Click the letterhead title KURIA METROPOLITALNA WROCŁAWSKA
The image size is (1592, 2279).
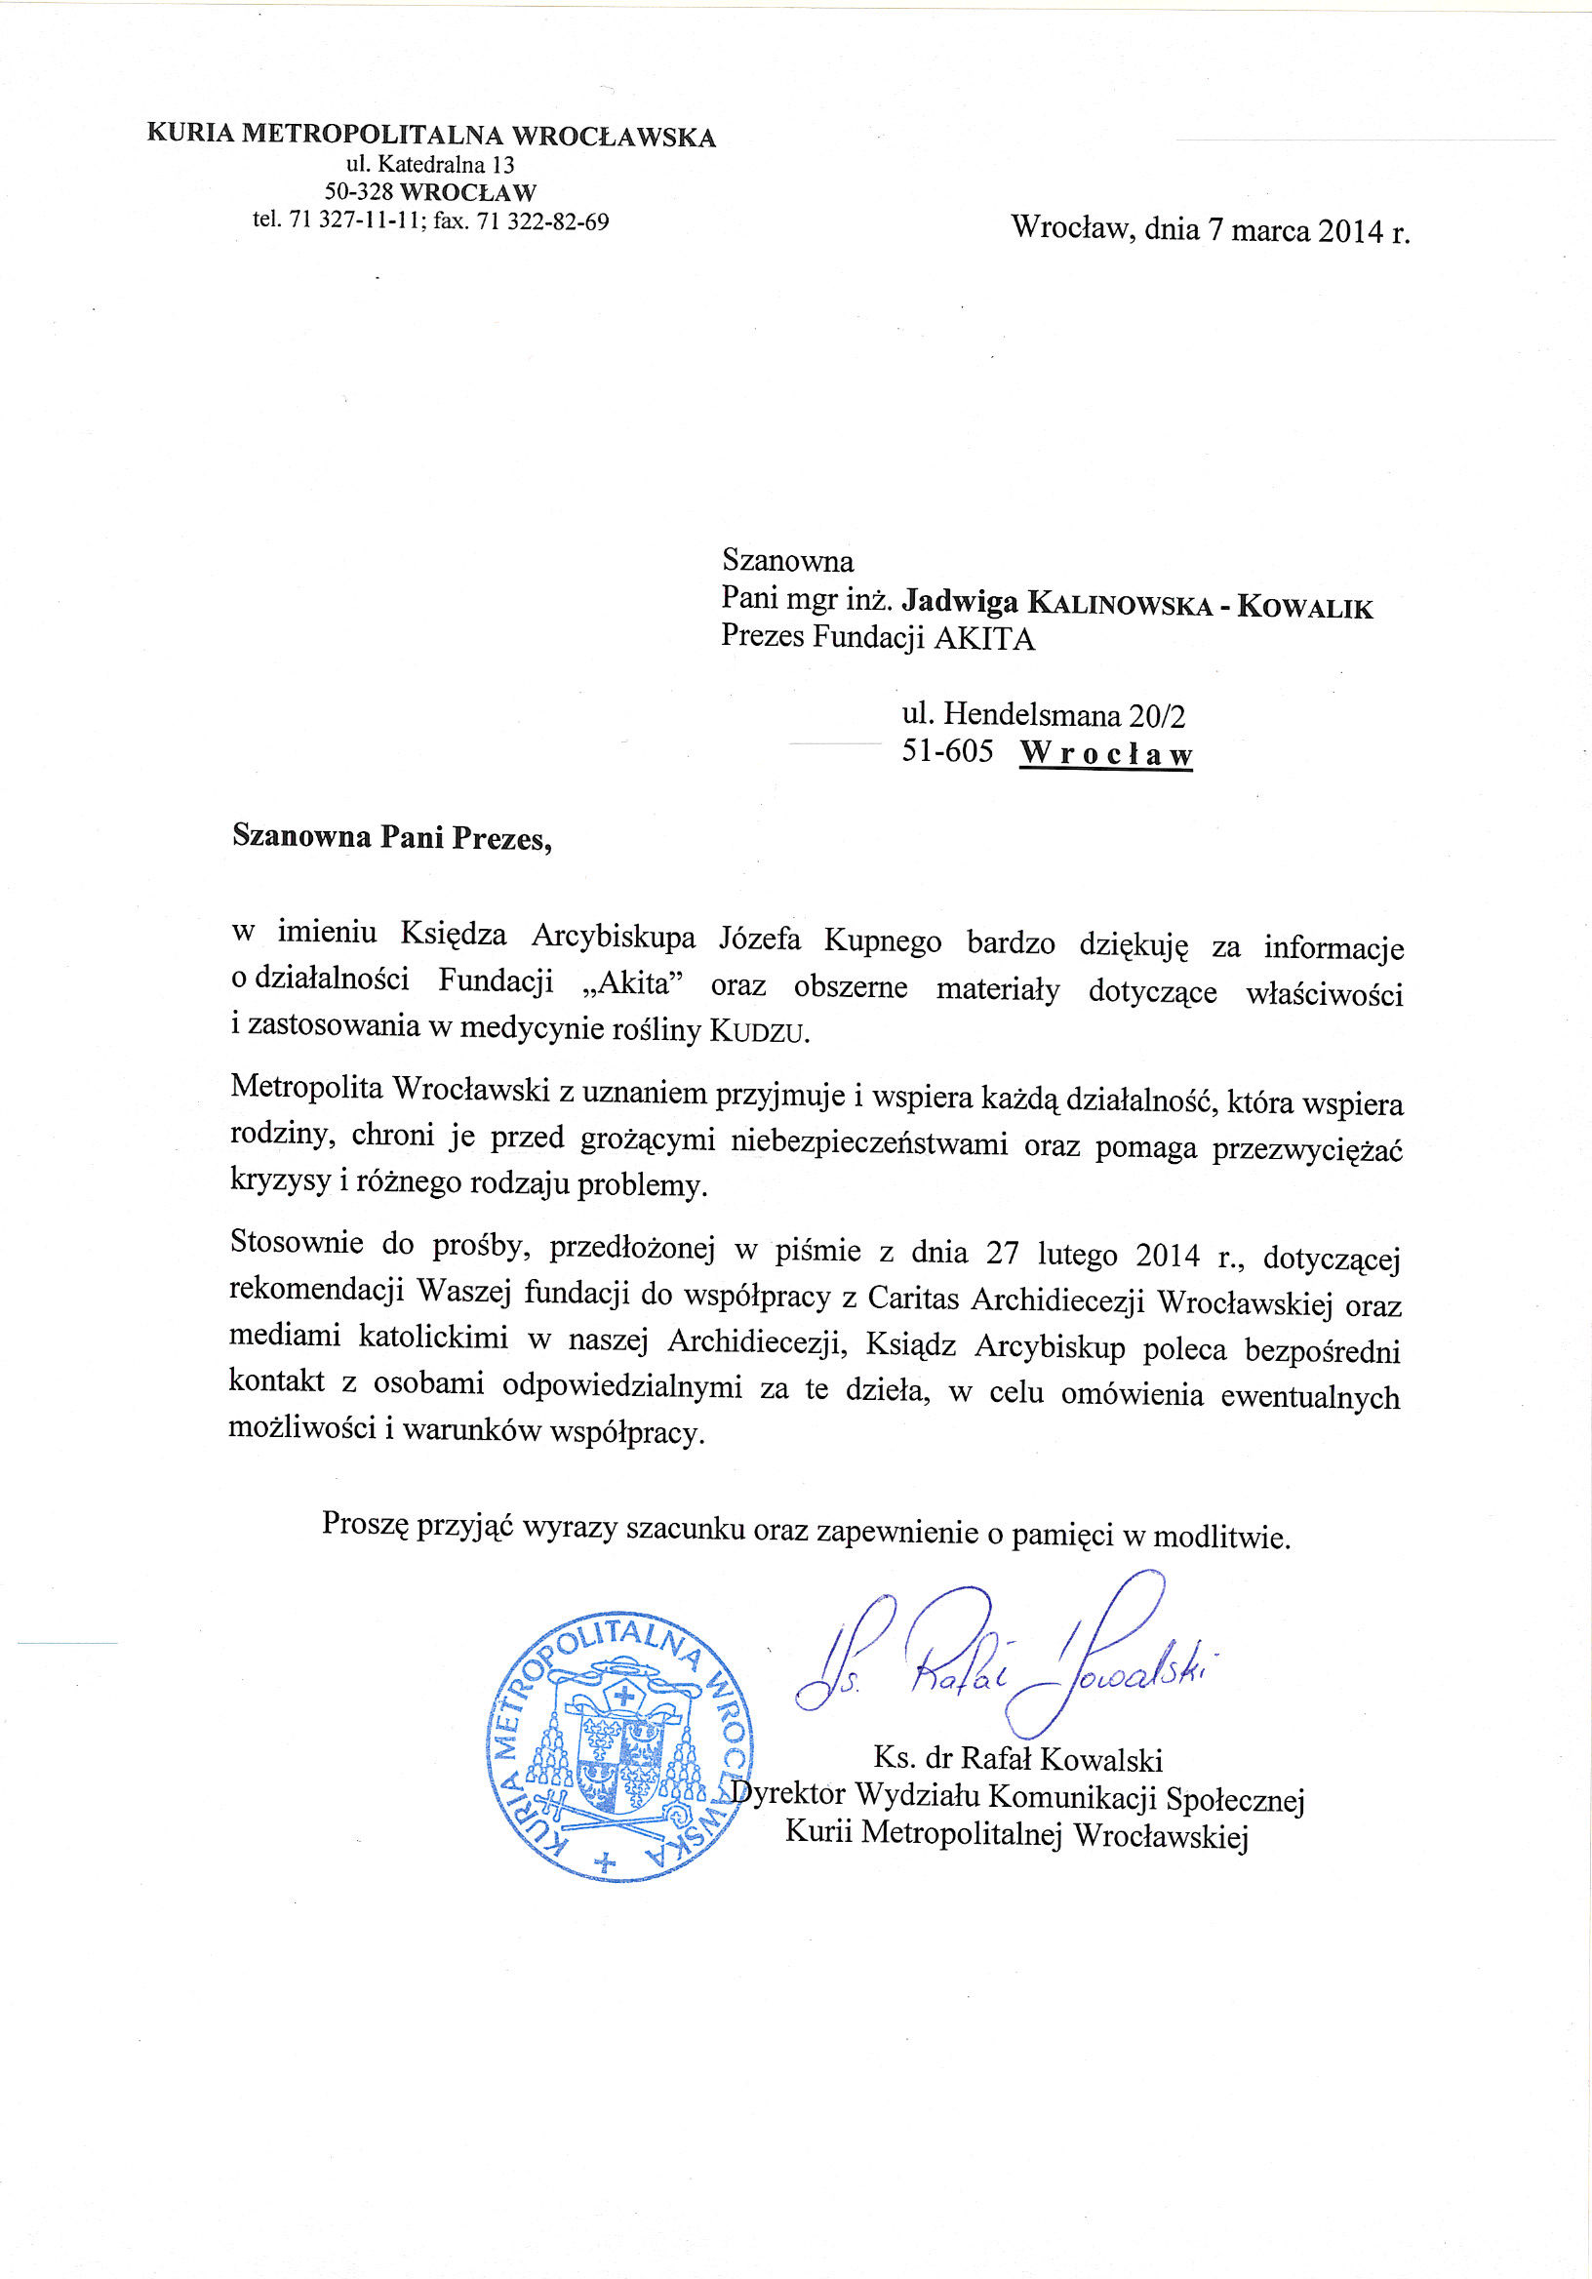[x=431, y=135]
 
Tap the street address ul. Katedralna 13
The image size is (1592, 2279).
[x=430, y=164]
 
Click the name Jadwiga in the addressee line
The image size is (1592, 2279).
[x=960, y=602]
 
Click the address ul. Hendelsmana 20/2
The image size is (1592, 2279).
[x=1043, y=714]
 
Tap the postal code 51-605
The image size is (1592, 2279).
[x=947, y=751]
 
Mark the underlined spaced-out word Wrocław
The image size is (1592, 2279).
[x=1105, y=754]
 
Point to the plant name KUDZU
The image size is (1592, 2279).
[x=758, y=1032]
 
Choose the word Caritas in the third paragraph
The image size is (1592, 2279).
[x=913, y=1298]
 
